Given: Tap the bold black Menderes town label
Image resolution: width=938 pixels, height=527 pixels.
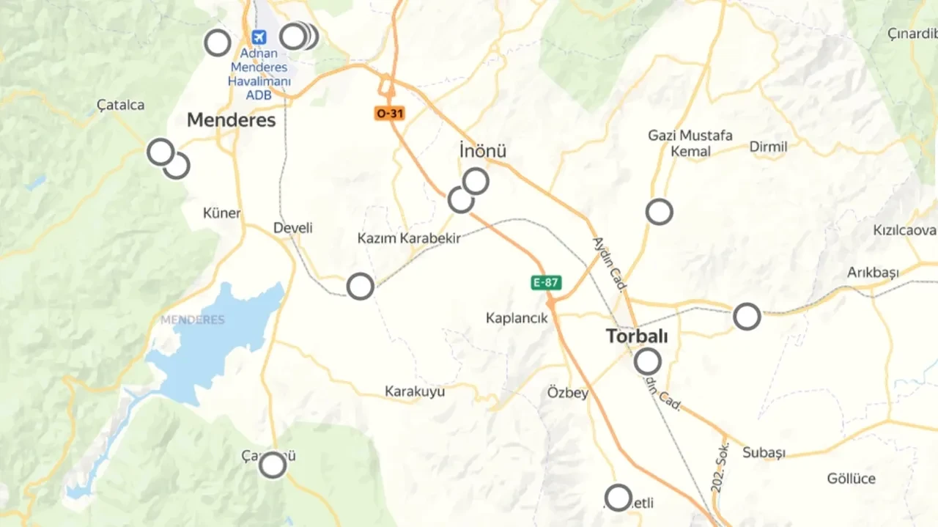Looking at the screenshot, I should point(231,120).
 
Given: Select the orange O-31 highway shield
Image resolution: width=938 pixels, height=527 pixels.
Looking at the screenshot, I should point(389,114).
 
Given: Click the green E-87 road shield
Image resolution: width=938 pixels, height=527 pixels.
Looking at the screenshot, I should point(547,282).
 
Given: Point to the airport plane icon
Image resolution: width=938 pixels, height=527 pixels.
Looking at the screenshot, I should point(258,37).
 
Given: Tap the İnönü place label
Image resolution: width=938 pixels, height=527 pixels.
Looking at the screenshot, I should point(482,151).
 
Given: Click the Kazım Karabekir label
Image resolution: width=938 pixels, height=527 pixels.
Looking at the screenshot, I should point(409,238).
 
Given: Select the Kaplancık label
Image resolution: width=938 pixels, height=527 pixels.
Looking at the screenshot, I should point(517,318).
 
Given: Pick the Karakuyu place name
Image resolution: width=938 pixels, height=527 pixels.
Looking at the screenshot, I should point(415,391).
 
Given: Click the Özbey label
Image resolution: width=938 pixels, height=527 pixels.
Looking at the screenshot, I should point(568,393).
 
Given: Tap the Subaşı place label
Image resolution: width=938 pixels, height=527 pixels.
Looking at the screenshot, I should point(764,452).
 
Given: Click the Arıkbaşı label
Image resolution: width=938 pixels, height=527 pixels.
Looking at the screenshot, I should point(873,273).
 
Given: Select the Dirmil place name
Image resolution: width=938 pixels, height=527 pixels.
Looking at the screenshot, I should point(768,147).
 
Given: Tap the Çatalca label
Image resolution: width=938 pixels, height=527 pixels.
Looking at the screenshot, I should point(121,105).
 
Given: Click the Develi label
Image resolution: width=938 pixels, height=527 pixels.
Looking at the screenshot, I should point(293,228).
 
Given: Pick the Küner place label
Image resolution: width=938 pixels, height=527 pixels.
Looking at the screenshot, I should point(221,213).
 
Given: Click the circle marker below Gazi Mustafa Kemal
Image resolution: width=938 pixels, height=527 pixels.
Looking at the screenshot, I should point(660,212).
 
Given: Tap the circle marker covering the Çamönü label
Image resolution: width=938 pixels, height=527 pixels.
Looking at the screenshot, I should point(273,465).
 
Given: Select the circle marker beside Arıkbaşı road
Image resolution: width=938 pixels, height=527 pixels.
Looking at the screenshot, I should point(747,317).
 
